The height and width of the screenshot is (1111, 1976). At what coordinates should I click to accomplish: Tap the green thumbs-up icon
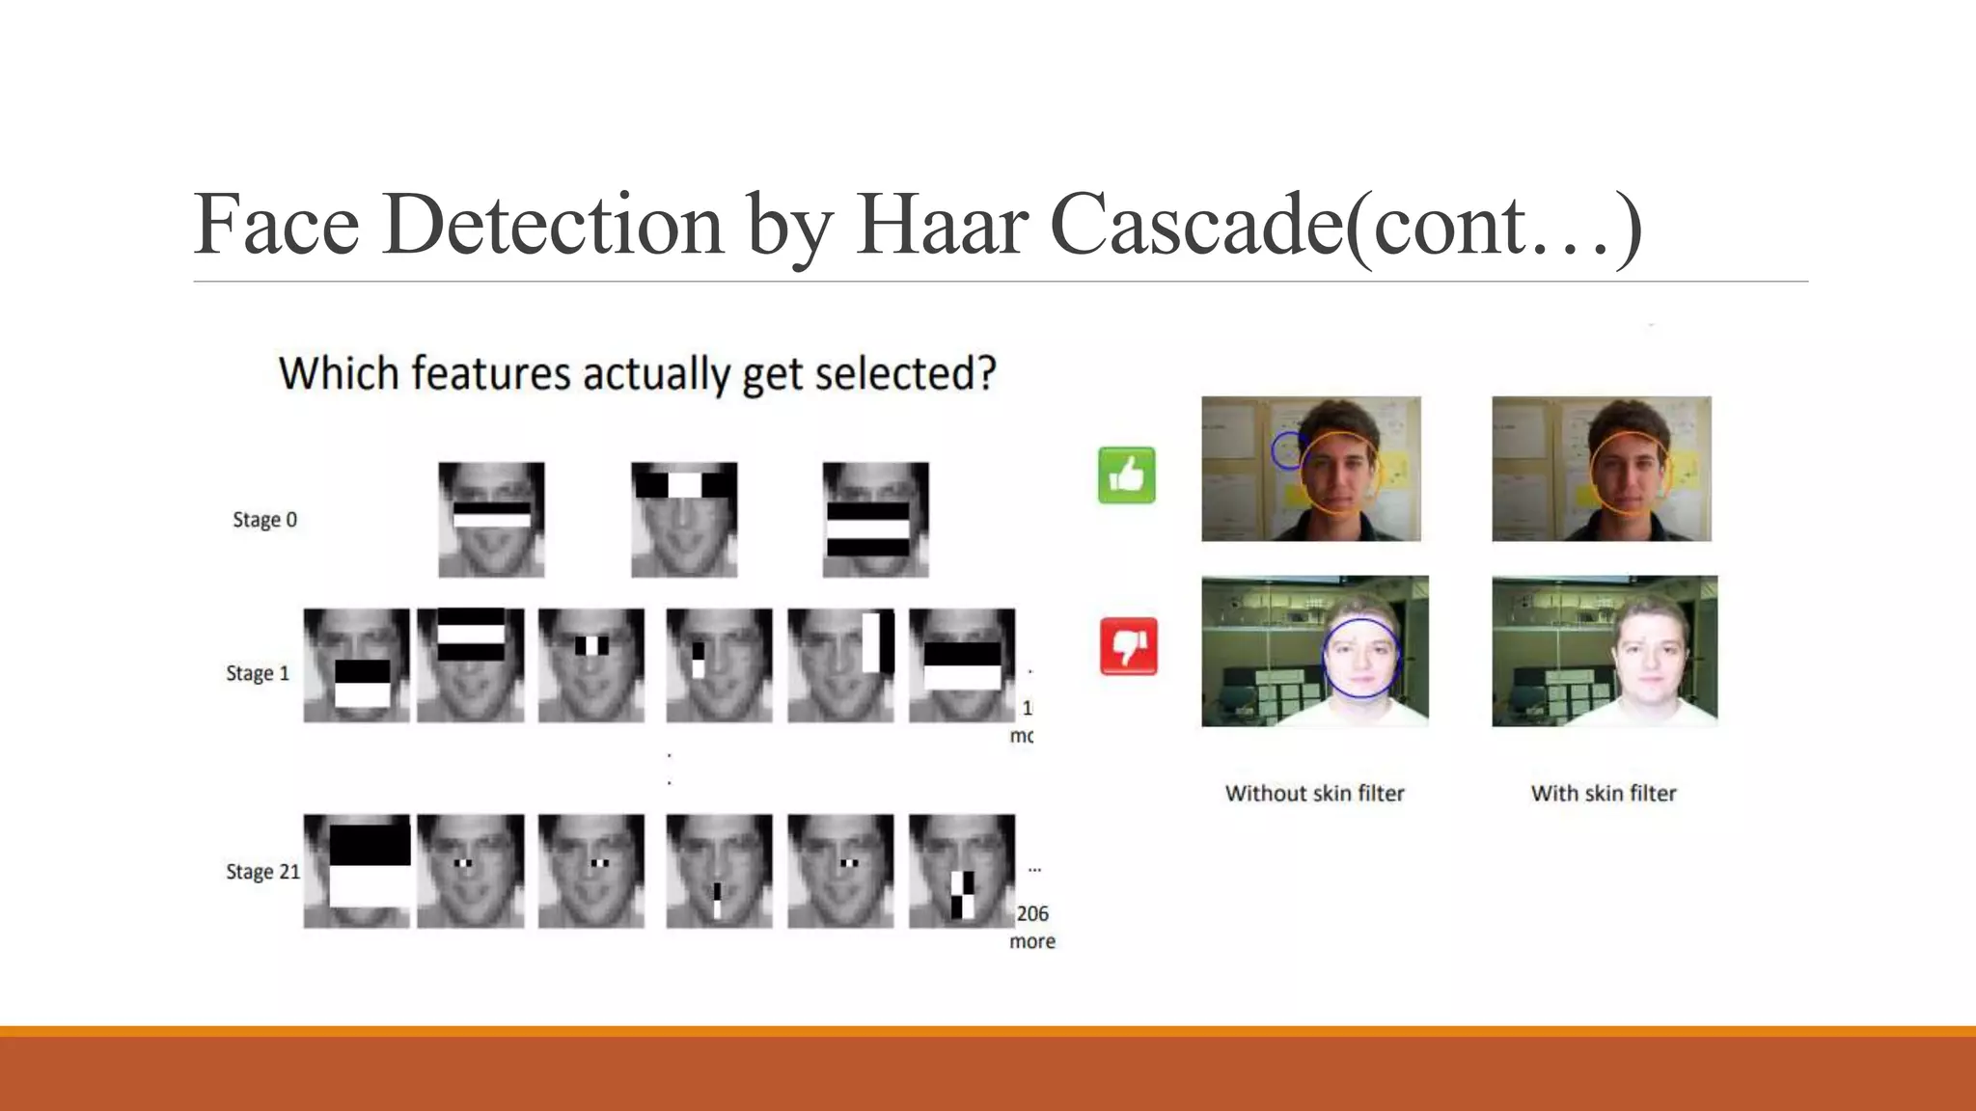tap(1126, 475)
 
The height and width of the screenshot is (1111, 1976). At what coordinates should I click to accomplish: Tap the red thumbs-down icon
tap(1128, 646)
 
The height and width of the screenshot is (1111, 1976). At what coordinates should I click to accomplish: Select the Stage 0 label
tap(264, 520)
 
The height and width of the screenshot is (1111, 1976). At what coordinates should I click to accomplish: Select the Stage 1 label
tap(258, 673)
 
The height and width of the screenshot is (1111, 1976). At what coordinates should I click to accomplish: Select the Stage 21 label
tap(262, 872)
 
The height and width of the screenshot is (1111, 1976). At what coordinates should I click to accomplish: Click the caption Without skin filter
tap(1314, 794)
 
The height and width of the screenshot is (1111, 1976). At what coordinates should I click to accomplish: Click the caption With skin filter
tap(1604, 794)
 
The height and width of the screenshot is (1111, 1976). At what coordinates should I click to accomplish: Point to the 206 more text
tap(1031, 927)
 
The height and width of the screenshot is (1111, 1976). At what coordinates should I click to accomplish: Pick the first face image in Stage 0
tap(491, 520)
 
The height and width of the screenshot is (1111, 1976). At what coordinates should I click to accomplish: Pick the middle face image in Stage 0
tap(684, 520)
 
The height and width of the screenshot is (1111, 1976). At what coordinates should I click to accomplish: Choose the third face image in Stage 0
tap(875, 520)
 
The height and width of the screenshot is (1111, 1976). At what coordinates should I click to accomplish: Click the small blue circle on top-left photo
tap(1287, 450)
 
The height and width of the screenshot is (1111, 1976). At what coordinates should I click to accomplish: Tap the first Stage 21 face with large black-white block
tap(356, 871)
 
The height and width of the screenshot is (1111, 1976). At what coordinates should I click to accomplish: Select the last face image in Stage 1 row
tap(961, 665)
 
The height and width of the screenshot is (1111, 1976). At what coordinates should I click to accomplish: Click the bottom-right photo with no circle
tap(1604, 651)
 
